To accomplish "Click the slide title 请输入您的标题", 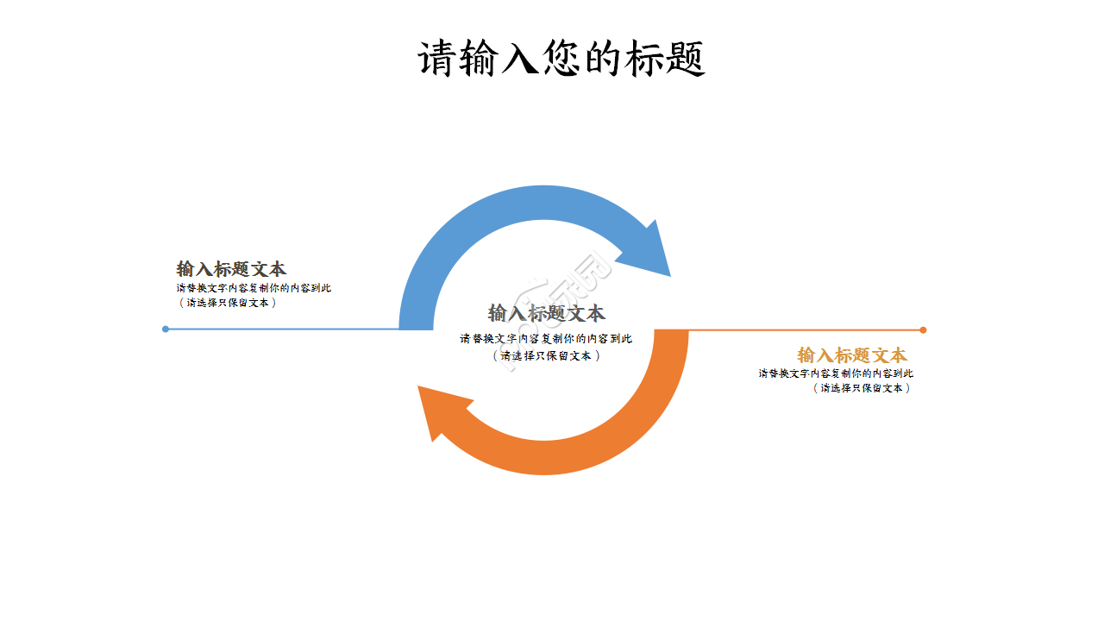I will pos(561,60).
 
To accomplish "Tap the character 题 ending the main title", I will pos(686,60).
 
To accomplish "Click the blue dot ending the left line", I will pos(166,329).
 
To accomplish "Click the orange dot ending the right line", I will pos(923,329).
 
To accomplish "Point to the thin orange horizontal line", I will pos(802,329).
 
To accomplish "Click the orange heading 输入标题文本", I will pos(852,355).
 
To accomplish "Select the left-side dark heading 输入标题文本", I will pos(231,269).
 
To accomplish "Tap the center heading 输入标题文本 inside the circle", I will pos(546,313).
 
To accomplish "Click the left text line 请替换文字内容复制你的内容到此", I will pos(254,288).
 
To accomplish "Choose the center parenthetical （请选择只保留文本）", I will pos(546,354).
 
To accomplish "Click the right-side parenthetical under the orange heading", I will pos(861,388).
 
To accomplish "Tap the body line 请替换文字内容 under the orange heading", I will pos(836,373).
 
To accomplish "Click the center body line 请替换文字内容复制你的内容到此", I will pos(546,339).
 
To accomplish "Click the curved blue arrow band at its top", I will pos(543,202).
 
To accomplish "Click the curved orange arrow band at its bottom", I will pos(543,458).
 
